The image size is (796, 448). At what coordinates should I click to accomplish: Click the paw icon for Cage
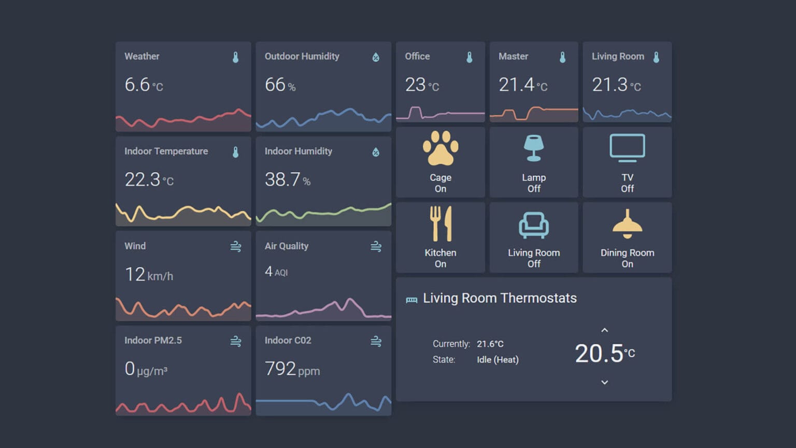pyautogui.click(x=440, y=148)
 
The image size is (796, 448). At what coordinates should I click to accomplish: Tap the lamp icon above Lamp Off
pyautogui.click(x=533, y=148)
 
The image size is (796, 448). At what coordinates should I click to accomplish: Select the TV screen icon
pyautogui.click(x=627, y=148)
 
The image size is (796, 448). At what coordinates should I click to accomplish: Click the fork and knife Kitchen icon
pyautogui.click(x=440, y=223)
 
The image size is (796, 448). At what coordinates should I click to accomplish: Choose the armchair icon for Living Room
pyautogui.click(x=533, y=225)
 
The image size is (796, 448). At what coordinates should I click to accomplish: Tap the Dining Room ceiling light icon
pyautogui.click(x=627, y=224)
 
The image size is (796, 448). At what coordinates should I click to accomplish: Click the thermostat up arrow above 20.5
pyautogui.click(x=604, y=330)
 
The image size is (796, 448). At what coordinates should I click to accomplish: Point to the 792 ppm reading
pyautogui.click(x=292, y=369)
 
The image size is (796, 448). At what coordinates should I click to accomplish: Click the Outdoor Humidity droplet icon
pyautogui.click(x=376, y=57)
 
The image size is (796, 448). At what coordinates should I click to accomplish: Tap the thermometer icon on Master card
pyautogui.click(x=562, y=57)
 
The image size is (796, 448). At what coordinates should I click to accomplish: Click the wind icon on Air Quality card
pyautogui.click(x=376, y=246)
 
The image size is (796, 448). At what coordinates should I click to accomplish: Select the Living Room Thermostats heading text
pyautogui.click(x=500, y=298)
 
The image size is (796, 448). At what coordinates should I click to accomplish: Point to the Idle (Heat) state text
pyautogui.click(x=497, y=359)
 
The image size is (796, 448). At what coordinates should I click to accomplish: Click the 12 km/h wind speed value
pyautogui.click(x=149, y=274)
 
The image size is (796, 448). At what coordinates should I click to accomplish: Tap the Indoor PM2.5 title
pyautogui.click(x=153, y=341)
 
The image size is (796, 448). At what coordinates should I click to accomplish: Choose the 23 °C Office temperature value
pyautogui.click(x=422, y=85)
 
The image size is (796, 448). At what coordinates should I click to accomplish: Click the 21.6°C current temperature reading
pyautogui.click(x=490, y=344)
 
